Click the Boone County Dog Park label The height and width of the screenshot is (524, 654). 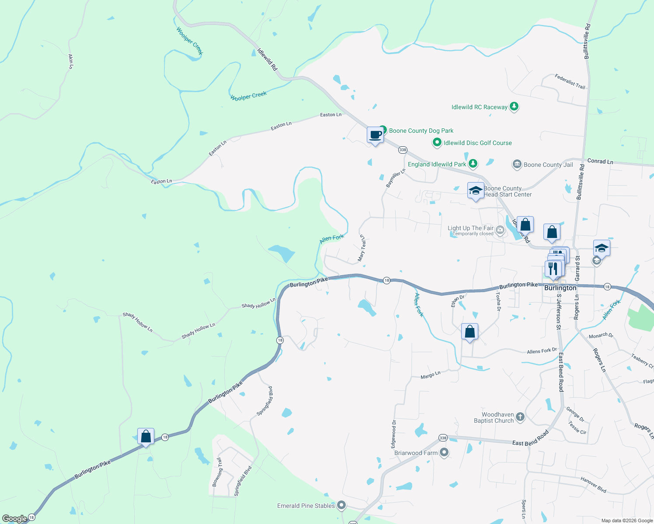[x=421, y=131]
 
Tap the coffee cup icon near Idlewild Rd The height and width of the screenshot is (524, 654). [x=375, y=135]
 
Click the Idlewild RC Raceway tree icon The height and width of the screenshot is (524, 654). [x=515, y=107]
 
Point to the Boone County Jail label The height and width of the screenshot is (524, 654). [x=548, y=165]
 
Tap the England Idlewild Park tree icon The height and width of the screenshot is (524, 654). [x=473, y=164]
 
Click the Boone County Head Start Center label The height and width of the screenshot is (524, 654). [x=508, y=192]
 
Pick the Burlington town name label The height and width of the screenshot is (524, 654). [x=560, y=288]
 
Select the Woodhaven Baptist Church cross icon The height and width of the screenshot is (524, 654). [x=520, y=417]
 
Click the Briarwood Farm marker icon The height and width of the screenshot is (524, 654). [x=444, y=453]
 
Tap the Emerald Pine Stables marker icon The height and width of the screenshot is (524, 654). [x=342, y=506]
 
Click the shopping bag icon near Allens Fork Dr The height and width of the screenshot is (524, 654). [x=470, y=332]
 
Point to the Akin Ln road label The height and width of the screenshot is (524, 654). [x=70, y=62]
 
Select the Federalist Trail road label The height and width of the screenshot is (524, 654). [x=570, y=81]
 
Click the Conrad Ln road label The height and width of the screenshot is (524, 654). [x=600, y=162]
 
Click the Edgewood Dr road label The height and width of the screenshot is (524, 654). [x=393, y=434]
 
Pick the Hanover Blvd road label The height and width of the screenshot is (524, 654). [x=593, y=485]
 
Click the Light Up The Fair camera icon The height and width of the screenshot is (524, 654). [x=500, y=230]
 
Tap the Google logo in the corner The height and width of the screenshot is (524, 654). [x=14, y=519]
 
